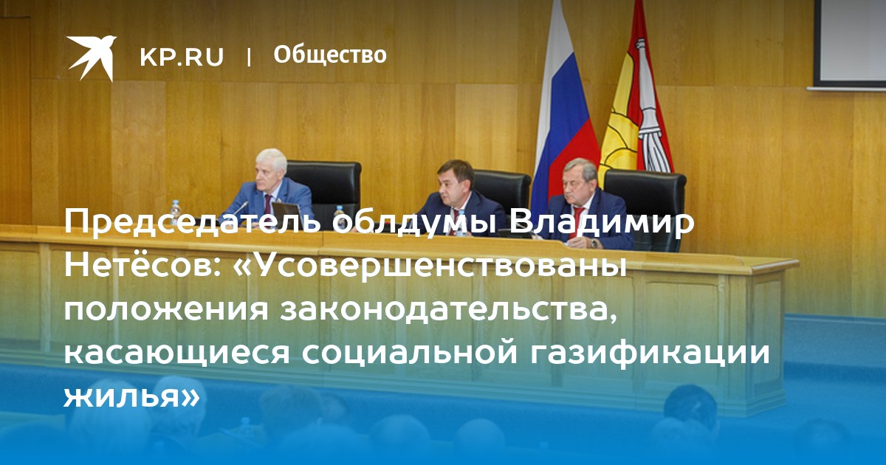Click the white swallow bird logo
[x=92, y=58]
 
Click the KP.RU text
[x=182, y=57]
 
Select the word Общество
[x=330, y=55]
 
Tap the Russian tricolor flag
[x=563, y=111]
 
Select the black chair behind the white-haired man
[x=324, y=190]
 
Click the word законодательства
[x=450, y=311]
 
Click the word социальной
[x=409, y=353]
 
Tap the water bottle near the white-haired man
[x=175, y=213]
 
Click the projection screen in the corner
[x=850, y=44]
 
